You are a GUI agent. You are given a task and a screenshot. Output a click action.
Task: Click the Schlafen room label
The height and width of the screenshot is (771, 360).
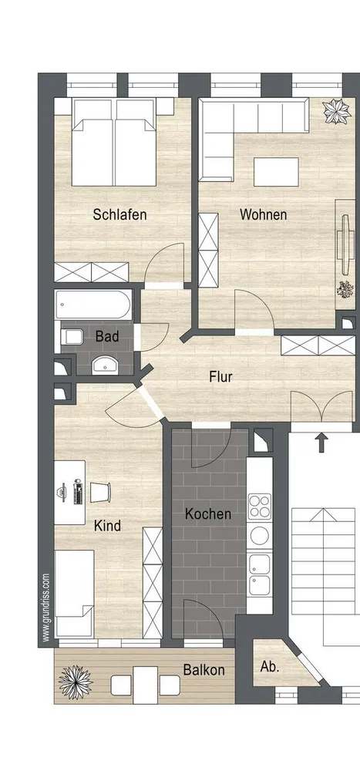point(120,215)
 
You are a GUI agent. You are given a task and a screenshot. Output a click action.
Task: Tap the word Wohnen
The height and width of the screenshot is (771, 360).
point(263,215)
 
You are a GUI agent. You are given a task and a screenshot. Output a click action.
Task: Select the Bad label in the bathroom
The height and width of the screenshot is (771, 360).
point(107,336)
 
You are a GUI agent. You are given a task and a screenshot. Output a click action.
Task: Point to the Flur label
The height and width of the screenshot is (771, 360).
point(220,377)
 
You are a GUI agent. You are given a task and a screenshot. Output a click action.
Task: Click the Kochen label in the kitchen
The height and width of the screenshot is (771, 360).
point(208,513)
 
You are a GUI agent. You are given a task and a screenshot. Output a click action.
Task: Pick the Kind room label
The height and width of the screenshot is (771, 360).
point(107,526)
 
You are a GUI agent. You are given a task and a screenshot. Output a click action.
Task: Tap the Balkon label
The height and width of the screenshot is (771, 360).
point(204,669)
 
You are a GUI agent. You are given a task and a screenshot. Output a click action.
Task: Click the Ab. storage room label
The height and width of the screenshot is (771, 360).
point(270,667)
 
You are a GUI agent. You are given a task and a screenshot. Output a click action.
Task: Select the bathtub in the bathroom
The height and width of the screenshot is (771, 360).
point(93,305)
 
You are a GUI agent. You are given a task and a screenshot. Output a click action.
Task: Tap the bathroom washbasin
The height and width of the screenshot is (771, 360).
point(104,365)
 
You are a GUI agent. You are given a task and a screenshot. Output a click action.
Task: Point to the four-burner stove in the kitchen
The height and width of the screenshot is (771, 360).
point(259,507)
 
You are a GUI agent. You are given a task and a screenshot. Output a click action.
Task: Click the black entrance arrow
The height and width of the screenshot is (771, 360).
point(321,442)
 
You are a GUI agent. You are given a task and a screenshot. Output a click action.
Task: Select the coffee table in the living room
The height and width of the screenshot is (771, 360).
point(277,172)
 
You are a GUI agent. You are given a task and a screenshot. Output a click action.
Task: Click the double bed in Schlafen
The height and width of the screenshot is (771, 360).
point(114,143)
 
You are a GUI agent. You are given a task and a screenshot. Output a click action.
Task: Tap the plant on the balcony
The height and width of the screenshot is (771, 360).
point(76,682)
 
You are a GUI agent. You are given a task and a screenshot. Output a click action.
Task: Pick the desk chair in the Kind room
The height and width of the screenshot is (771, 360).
point(101,492)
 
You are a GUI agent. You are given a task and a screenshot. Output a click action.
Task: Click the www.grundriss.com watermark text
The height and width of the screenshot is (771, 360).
point(45,608)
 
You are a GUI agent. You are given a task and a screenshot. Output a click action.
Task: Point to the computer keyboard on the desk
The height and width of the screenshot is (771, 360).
point(77,492)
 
